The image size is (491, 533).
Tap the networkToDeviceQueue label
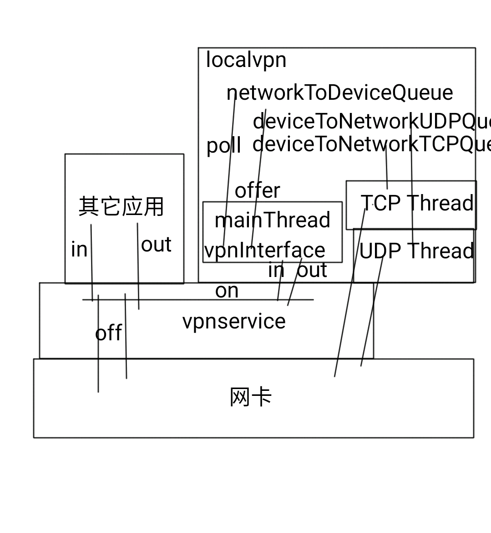(339, 93)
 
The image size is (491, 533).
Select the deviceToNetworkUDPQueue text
(371, 122)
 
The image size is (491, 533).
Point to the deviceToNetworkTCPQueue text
(371, 144)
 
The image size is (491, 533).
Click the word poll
(224, 146)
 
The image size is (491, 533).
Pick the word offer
(257, 190)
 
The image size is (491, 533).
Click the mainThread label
(272, 220)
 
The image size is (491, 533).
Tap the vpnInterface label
(264, 251)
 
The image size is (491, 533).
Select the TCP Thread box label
(416, 203)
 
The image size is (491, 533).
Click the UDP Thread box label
(416, 251)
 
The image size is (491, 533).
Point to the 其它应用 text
(121, 207)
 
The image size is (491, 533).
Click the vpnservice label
(234, 321)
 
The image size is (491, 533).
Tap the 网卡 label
(251, 397)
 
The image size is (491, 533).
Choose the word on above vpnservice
(227, 291)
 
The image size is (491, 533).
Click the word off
(108, 333)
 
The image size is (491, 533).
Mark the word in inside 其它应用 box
(79, 250)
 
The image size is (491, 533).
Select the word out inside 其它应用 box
(156, 245)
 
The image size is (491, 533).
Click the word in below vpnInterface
(276, 271)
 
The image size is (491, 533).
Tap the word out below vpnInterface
(312, 271)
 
